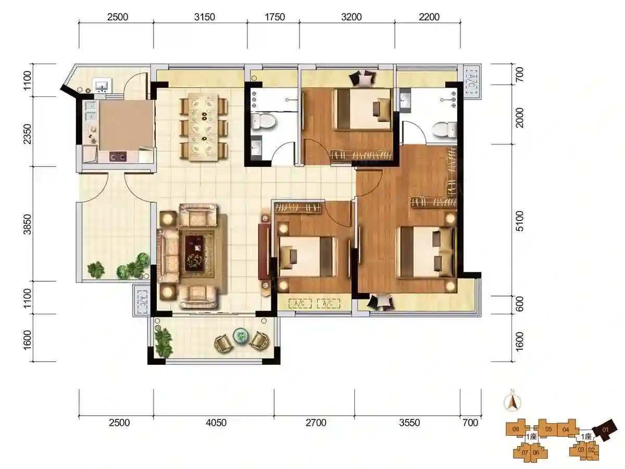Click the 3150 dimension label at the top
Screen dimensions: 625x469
pos(205,17)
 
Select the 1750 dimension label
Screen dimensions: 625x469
pos(275,17)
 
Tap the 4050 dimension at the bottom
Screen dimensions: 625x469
pos(216,423)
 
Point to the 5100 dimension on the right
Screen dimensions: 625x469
pos(520,221)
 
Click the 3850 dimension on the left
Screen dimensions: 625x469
pos(28,225)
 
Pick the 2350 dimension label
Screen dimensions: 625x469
pos(28,134)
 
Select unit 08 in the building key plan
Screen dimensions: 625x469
pos(516,429)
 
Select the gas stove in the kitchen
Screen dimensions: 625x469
pos(118,157)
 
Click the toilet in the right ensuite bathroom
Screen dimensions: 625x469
pos(444,130)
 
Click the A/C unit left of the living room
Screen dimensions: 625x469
pos(142,301)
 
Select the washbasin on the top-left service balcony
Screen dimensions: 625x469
pos(102,85)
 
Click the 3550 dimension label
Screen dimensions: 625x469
pos(409,423)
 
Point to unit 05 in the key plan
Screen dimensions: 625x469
pos(548,429)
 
